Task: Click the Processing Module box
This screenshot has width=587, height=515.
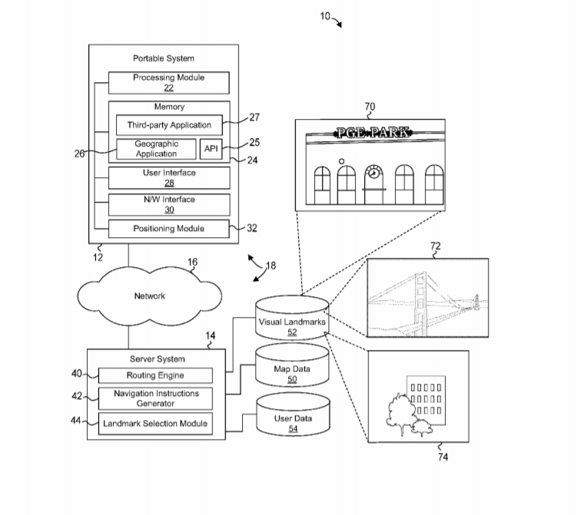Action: point(169,83)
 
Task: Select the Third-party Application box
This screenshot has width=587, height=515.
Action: point(169,125)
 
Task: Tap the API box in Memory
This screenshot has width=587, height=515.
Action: point(211,148)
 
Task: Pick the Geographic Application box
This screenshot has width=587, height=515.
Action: point(156,149)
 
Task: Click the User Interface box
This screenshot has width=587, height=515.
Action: point(169,178)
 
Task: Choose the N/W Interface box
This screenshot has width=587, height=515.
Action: point(169,204)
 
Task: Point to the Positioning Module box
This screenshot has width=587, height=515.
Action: point(169,229)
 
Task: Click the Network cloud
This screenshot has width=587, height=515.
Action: point(150,295)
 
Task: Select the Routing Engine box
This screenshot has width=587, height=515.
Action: point(156,375)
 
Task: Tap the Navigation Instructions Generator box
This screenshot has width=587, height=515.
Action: point(156,398)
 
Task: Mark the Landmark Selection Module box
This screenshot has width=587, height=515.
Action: point(156,423)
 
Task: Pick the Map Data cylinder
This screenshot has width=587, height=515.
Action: point(292,373)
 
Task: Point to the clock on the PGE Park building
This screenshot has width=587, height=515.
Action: point(373,173)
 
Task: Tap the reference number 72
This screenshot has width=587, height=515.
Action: point(435,246)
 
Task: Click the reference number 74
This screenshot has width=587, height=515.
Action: point(443,457)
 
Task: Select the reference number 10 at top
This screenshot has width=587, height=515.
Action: point(325,16)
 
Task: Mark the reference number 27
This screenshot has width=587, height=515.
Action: point(254,117)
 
